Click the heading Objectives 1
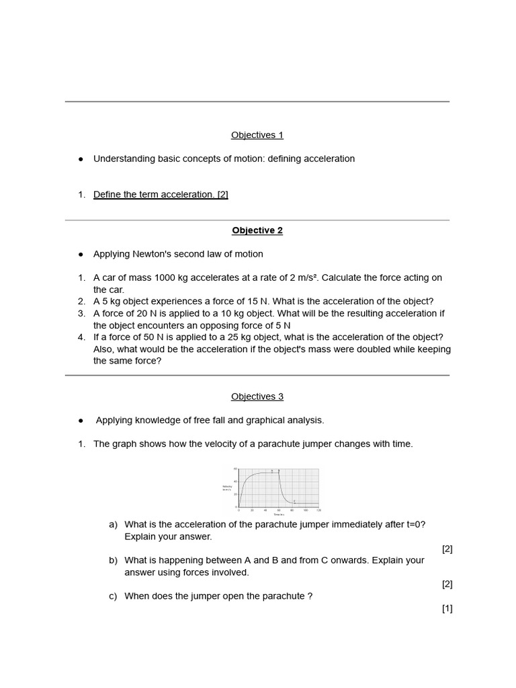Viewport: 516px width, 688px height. pos(257,135)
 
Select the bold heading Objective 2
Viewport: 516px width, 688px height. pos(257,230)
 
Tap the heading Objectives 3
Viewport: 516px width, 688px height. pos(257,396)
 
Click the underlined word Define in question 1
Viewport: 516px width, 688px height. pos(107,195)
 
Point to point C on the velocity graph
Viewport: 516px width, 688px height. pos(294,501)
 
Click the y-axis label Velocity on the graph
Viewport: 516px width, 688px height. pos(226,486)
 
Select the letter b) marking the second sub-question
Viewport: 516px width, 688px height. pos(113,560)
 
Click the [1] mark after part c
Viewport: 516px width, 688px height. pos(447,609)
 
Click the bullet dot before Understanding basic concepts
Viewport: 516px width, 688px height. pos(81,159)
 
